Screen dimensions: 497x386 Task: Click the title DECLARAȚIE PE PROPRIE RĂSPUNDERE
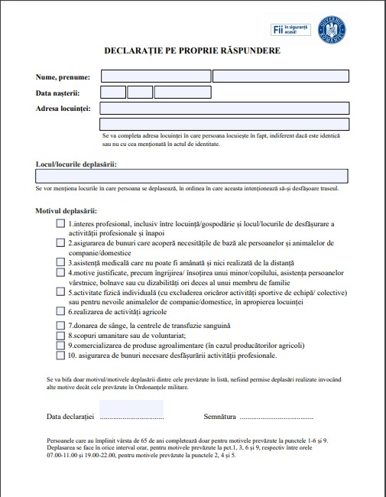click(192, 50)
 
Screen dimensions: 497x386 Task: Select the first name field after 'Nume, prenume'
click(156, 76)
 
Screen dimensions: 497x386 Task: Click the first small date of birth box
click(113, 93)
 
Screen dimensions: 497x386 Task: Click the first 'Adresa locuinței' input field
click(224, 109)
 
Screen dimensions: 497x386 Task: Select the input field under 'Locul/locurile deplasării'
click(192, 176)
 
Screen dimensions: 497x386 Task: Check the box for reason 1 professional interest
click(61, 224)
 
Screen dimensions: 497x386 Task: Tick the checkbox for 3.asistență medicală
click(61, 261)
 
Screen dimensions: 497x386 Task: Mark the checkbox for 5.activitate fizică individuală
click(61, 291)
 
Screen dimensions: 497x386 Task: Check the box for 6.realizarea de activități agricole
click(61, 311)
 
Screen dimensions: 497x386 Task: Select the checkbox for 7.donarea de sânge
click(61, 326)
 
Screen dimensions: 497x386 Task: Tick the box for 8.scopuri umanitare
click(61, 336)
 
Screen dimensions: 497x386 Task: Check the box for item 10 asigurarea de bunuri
click(61, 356)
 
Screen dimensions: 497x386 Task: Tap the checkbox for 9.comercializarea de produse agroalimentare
click(61, 346)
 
